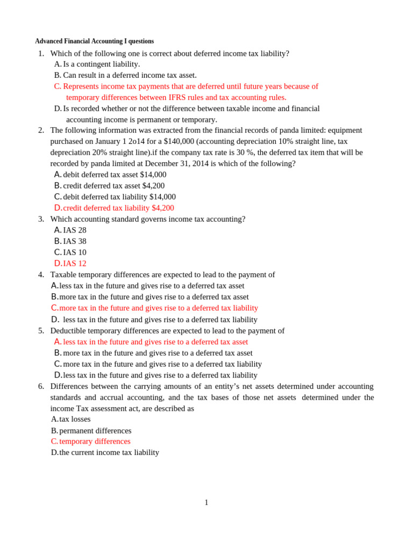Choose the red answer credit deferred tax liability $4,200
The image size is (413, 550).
tap(118, 208)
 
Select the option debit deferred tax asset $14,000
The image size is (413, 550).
tap(115, 175)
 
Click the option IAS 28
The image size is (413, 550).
tap(74, 230)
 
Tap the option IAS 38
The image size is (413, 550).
tap(74, 241)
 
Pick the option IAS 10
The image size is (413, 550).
tap(74, 252)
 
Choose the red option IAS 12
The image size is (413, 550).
tap(74, 263)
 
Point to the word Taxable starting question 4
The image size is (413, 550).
tap(63, 274)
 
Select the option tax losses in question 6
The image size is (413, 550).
tap(75, 419)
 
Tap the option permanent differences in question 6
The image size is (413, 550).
tap(95, 431)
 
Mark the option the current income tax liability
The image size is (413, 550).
tap(109, 452)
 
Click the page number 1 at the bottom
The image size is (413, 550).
tap(206, 503)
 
